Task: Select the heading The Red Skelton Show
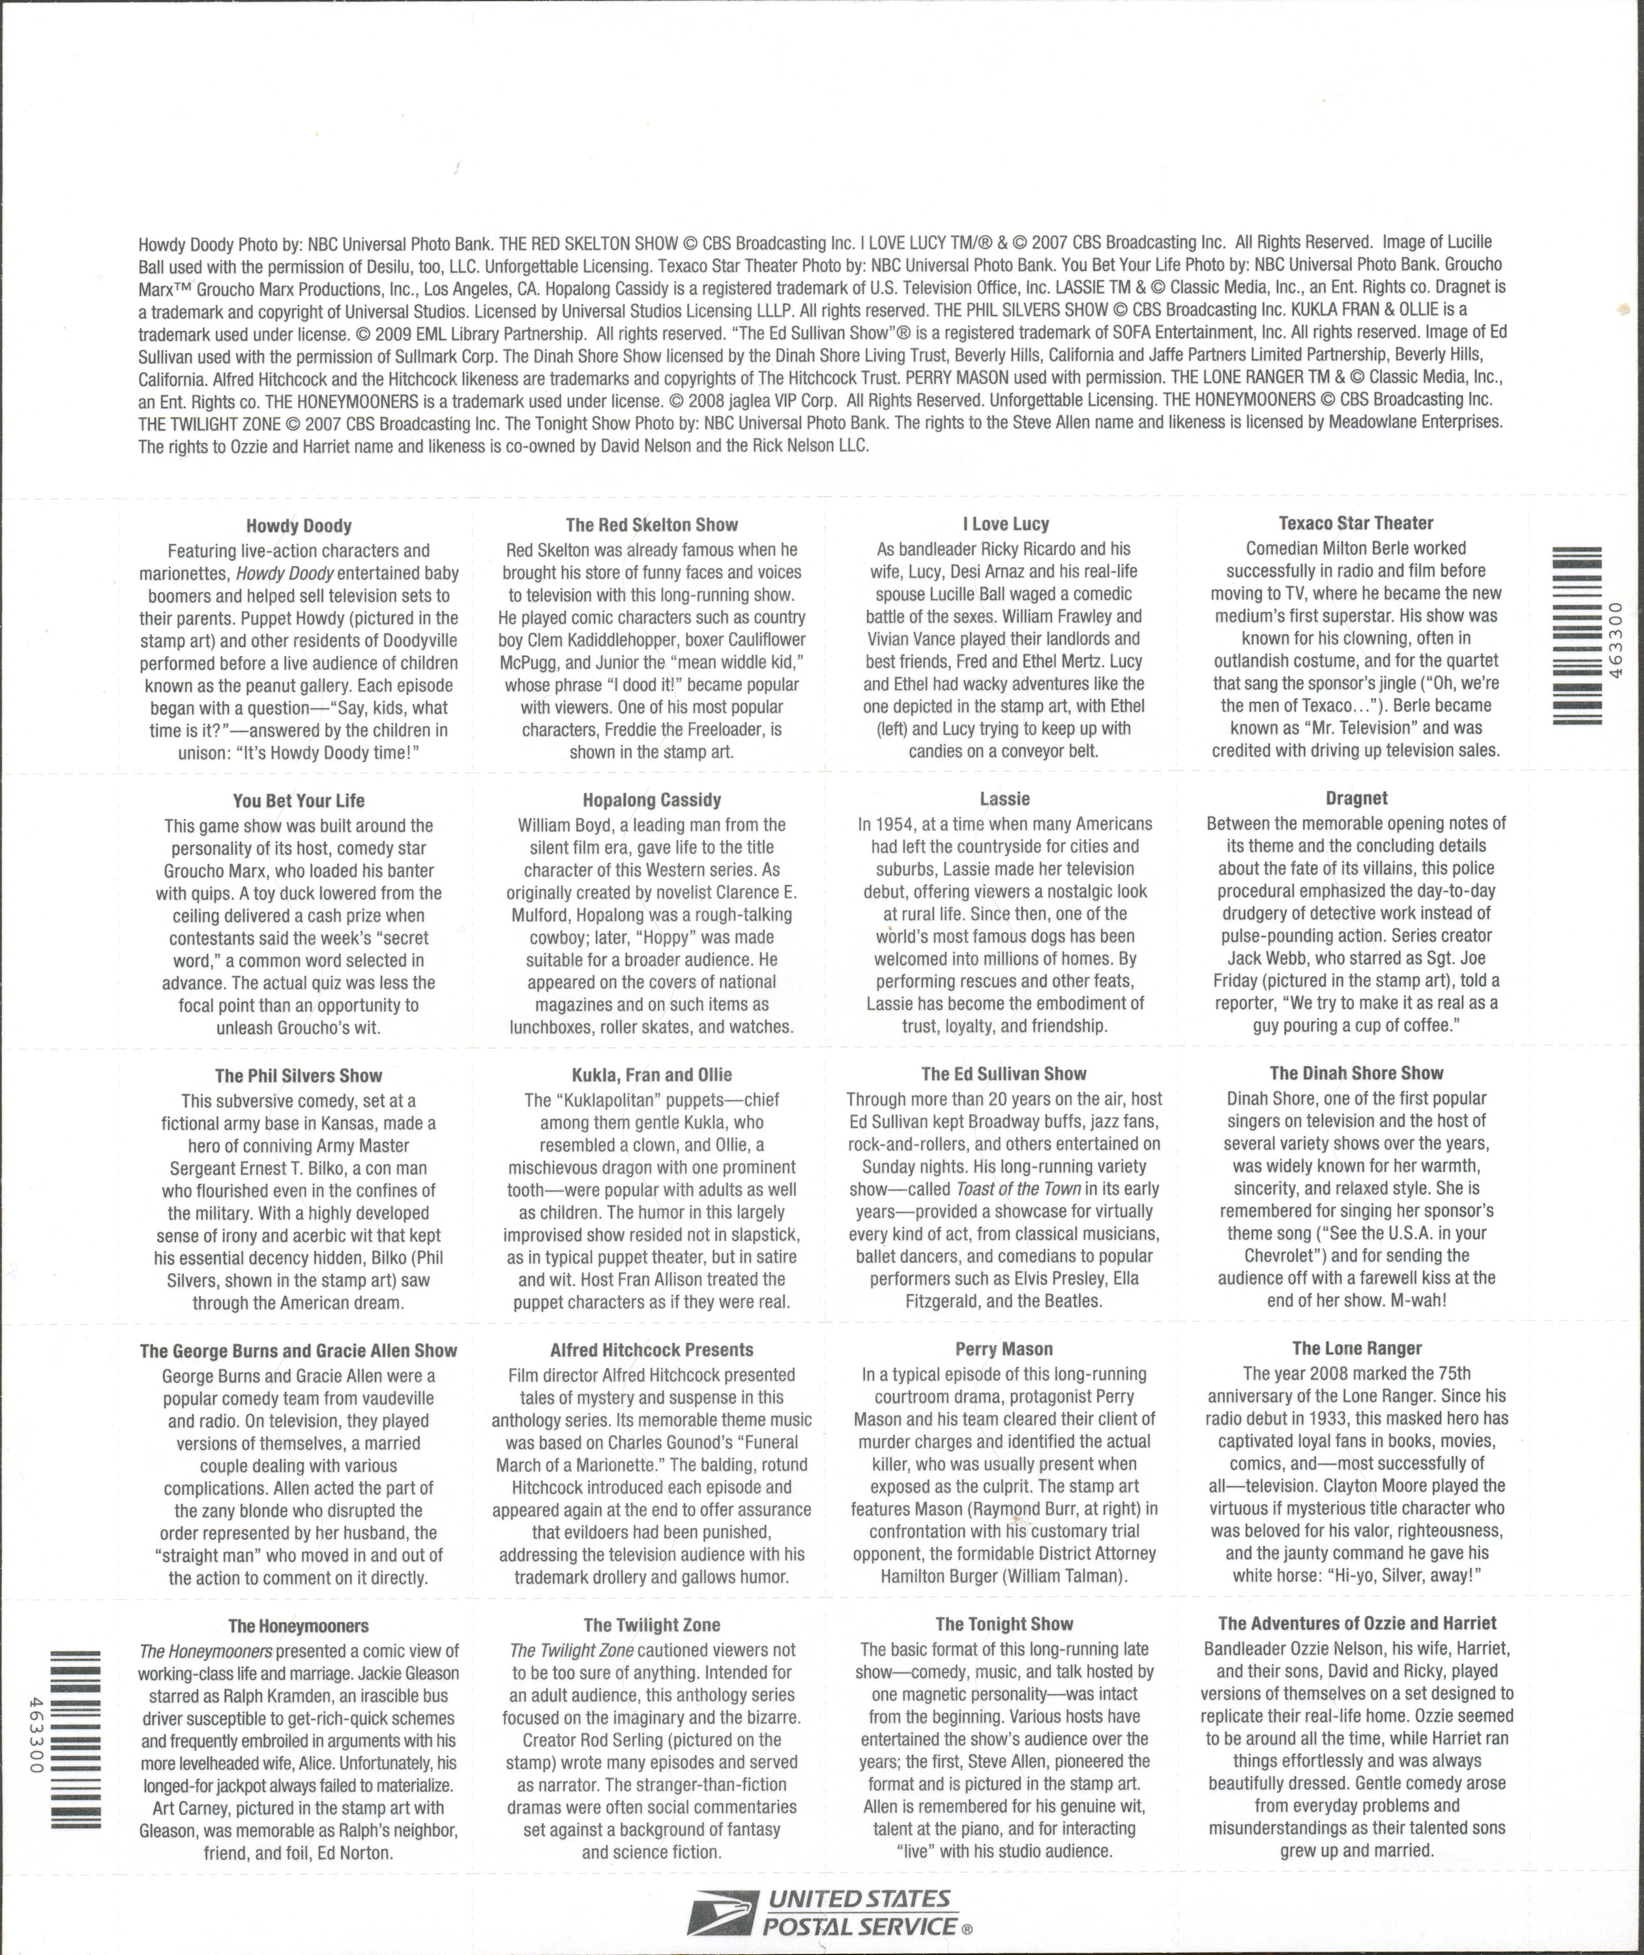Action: [x=651, y=525]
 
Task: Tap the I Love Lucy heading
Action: [x=1006, y=525]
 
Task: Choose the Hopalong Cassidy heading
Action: [x=651, y=800]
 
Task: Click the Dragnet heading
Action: [x=1356, y=798]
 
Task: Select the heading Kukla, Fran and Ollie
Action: [x=651, y=1075]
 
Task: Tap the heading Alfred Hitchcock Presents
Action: [x=651, y=1350]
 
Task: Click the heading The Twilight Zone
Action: [x=651, y=1626]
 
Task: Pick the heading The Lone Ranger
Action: [x=1356, y=1348]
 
